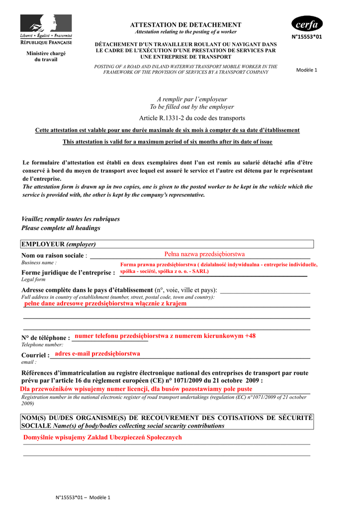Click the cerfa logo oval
click(x=307, y=24)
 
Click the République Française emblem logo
click(x=46, y=29)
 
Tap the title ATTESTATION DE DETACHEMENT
click(x=185, y=25)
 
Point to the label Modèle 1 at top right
click(x=306, y=70)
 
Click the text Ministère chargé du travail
click(x=46, y=56)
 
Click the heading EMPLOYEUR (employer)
click(x=59, y=244)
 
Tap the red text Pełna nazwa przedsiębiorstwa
click(x=204, y=254)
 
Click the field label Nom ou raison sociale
click(x=53, y=255)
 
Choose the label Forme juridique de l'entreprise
click(x=68, y=272)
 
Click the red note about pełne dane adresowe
click(x=105, y=303)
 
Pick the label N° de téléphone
click(x=46, y=338)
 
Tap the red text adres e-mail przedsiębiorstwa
click(x=97, y=353)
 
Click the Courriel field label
click(x=35, y=355)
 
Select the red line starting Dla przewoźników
click(x=136, y=389)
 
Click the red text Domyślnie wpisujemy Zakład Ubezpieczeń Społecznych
click(x=103, y=437)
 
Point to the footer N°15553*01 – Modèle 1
click(x=83, y=498)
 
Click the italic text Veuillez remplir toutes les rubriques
click(x=71, y=219)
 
